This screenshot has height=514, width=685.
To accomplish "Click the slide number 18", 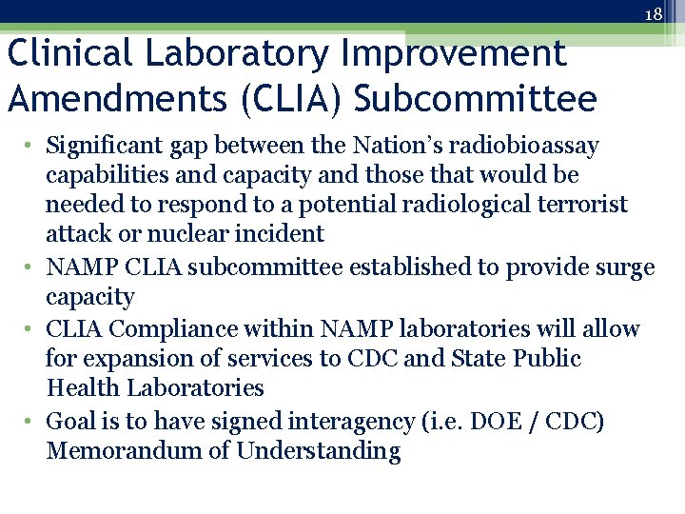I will (653, 14).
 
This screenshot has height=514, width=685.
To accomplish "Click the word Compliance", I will (187, 329).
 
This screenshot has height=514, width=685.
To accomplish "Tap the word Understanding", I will (319, 451).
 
